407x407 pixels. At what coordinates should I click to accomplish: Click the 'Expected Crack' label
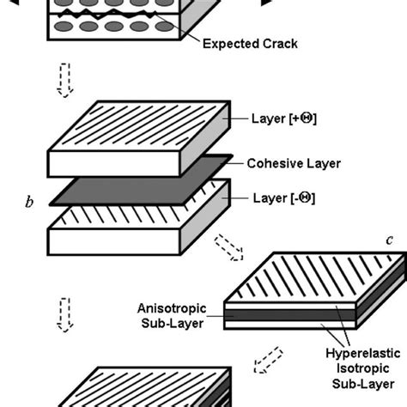coord(252,43)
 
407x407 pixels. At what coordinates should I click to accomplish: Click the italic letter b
coord(30,203)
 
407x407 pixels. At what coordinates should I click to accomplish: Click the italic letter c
coord(388,240)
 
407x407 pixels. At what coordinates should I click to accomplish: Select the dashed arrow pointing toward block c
coord(252,248)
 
